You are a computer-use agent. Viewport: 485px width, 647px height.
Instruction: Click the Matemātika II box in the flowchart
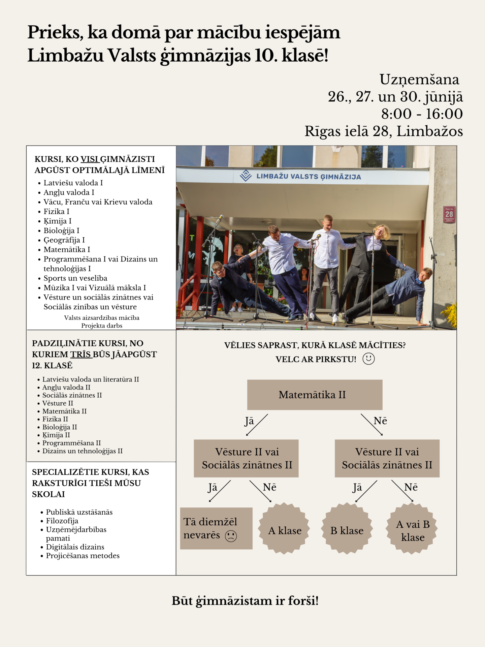315,395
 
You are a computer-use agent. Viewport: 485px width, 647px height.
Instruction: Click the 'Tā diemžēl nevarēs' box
216,528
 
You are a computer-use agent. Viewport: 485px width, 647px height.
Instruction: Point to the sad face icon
231,535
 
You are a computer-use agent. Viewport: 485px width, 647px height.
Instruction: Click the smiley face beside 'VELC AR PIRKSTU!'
368,359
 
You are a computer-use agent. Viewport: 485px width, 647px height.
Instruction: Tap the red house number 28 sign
449,214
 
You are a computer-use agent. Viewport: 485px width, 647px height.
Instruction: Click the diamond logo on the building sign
246,176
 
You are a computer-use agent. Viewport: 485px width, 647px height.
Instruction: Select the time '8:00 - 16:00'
422,114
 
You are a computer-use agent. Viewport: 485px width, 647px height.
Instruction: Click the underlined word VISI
90,159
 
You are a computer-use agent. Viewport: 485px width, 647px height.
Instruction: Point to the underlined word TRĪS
81,355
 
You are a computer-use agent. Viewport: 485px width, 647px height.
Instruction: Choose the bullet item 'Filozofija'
62,521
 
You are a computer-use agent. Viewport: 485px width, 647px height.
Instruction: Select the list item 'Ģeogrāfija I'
64,240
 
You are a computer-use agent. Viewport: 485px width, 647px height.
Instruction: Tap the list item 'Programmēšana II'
71,443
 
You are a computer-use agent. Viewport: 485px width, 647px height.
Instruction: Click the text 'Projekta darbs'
102,326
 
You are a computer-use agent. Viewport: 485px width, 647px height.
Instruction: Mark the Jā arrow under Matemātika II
257,425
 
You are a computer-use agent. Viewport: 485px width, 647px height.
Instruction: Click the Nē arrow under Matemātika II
372,425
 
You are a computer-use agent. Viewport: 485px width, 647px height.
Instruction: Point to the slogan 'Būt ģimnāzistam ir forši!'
245,600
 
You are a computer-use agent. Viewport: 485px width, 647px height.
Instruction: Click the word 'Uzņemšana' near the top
419,80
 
